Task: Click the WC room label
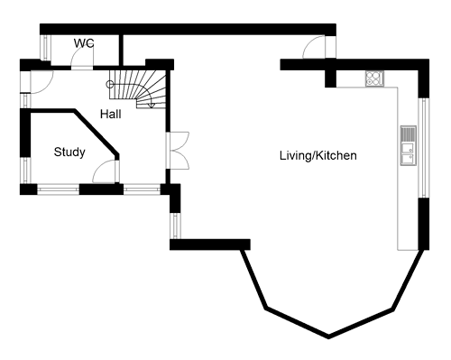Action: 84,43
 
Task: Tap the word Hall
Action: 111,115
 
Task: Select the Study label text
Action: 69,152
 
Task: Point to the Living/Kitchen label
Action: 318,156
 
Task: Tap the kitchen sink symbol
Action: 408,147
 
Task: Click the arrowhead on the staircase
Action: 152,105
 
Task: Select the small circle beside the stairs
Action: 111,84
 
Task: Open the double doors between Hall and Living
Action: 178,148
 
